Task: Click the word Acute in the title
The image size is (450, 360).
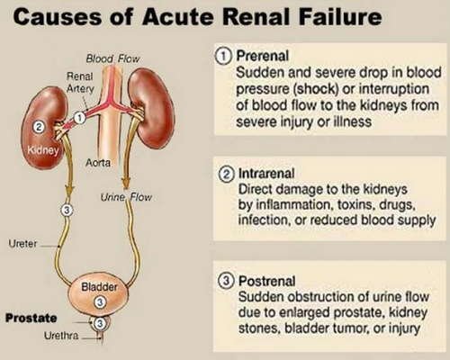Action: (x=179, y=17)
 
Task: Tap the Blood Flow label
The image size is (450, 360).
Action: (x=112, y=58)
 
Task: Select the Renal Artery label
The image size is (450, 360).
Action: (x=80, y=82)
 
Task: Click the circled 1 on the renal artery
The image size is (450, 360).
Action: (x=79, y=118)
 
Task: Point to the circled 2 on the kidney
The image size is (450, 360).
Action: (x=39, y=127)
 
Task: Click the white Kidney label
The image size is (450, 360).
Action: (x=43, y=150)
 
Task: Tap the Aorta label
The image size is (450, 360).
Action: (x=98, y=163)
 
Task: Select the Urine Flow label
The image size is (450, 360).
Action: (x=126, y=197)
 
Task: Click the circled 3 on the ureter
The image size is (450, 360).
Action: (x=67, y=211)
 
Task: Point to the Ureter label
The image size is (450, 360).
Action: (x=22, y=243)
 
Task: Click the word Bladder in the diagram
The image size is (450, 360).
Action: (x=99, y=287)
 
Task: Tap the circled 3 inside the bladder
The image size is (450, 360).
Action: (x=100, y=302)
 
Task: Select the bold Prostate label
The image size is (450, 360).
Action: (x=31, y=318)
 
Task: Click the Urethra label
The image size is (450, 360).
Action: (x=61, y=336)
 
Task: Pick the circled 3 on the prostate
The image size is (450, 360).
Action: (x=100, y=324)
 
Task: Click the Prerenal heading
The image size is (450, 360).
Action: (x=263, y=56)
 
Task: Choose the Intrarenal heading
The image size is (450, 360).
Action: (x=266, y=174)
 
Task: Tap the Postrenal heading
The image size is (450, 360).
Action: (x=266, y=281)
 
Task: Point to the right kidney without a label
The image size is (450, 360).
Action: (x=152, y=107)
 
